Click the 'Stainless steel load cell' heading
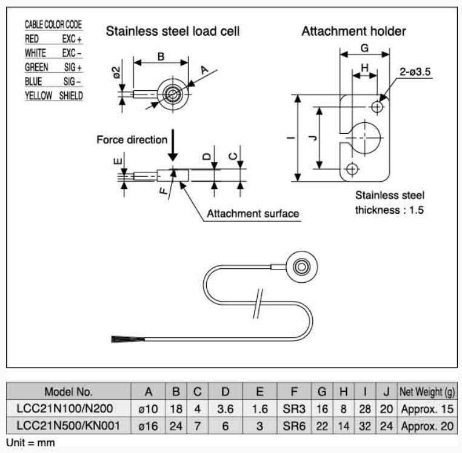click(173, 31)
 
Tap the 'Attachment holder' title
click(353, 31)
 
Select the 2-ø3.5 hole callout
click(415, 72)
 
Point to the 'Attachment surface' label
click(253, 214)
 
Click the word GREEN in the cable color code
click(36, 67)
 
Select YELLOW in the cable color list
click(38, 96)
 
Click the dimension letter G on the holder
click(364, 47)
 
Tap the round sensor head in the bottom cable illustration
click(301, 266)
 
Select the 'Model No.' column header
click(69, 391)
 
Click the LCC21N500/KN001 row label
click(69, 426)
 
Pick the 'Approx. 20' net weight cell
click(427, 426)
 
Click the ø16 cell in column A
click(149, 426)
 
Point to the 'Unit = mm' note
click(30, 443)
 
